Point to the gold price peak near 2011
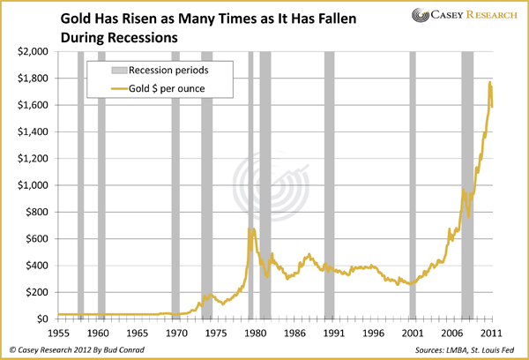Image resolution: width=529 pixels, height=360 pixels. pos(489,83)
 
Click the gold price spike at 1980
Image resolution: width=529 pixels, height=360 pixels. pos(250,229)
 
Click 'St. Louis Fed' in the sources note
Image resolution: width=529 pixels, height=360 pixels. pos(495,350)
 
